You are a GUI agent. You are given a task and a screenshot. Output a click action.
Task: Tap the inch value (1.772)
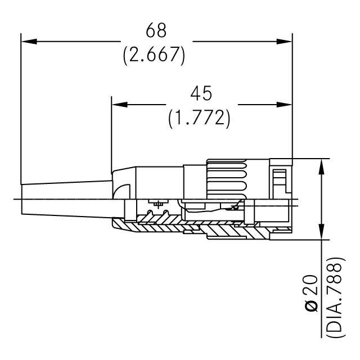199,118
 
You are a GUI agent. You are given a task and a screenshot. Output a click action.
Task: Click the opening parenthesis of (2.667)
125,55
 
